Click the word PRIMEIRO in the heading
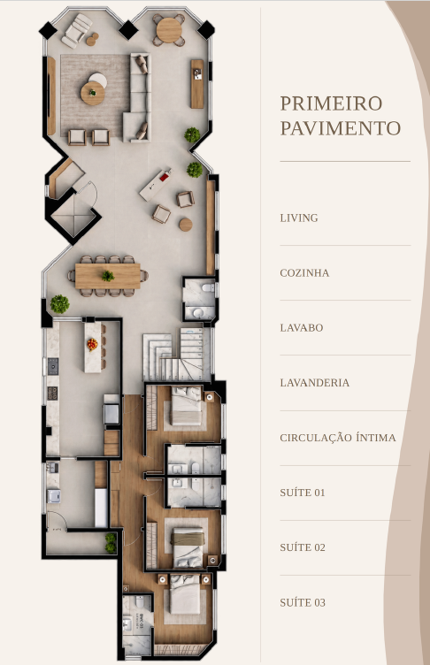331,103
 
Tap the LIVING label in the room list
299,218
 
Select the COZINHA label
304,272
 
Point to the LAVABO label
302,328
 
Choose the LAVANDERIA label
315,383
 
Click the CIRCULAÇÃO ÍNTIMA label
338,437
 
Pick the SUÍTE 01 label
303,493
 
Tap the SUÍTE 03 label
303,602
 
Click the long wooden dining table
108,276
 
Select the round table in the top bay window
169,30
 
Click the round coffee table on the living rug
93,94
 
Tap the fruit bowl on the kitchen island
93,344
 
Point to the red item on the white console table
165,177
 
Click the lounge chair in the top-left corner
76,30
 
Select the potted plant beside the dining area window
59,304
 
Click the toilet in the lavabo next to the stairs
209,288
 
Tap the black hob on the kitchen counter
52,366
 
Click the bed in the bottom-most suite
185,593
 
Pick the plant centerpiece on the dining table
108,276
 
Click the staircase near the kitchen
177,354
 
